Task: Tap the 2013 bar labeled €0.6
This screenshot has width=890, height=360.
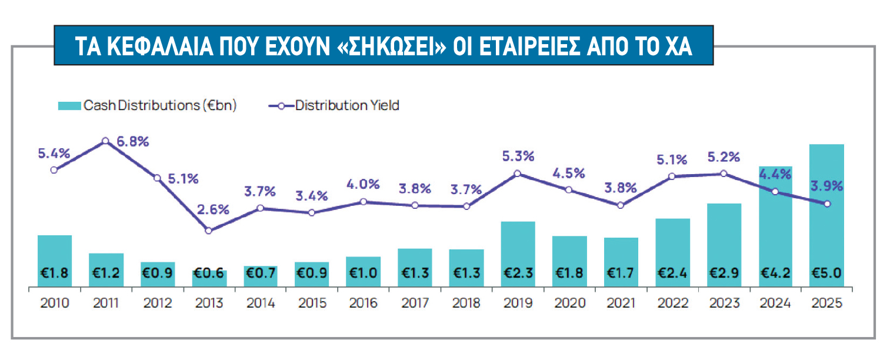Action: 209,279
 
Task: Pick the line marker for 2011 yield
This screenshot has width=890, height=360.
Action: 105,141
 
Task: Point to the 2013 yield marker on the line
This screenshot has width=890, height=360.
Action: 208,231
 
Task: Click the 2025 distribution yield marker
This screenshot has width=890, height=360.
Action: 827,204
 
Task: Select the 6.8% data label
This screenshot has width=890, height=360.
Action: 132,141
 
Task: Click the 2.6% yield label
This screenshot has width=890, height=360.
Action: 213,210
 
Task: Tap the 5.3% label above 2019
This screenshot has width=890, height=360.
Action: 518,156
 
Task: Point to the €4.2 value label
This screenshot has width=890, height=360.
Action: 775,273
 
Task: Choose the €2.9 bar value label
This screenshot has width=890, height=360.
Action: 724,273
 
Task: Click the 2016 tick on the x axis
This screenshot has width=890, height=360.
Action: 363,304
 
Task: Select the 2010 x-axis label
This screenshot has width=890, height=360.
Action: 54,304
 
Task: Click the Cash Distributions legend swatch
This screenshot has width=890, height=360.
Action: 69,106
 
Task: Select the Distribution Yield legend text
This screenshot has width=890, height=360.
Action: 347,106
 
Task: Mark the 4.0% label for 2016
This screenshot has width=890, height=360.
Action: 363,184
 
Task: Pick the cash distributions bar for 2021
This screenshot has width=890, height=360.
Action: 621,262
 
